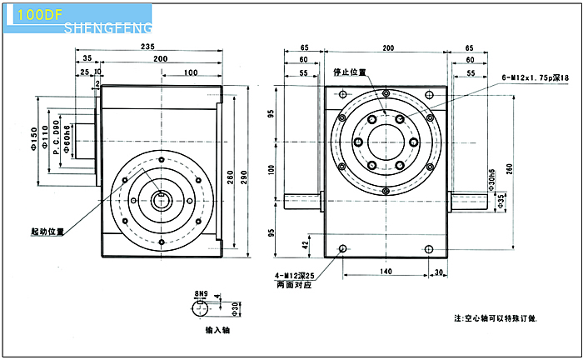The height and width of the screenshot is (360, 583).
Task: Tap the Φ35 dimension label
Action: pyautogui.click(x=500, y=202)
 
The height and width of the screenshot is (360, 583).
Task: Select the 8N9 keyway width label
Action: pyautogui.click(x=201, y=293)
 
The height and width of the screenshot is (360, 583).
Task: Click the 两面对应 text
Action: pyautogui.click(x=291, y=286)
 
